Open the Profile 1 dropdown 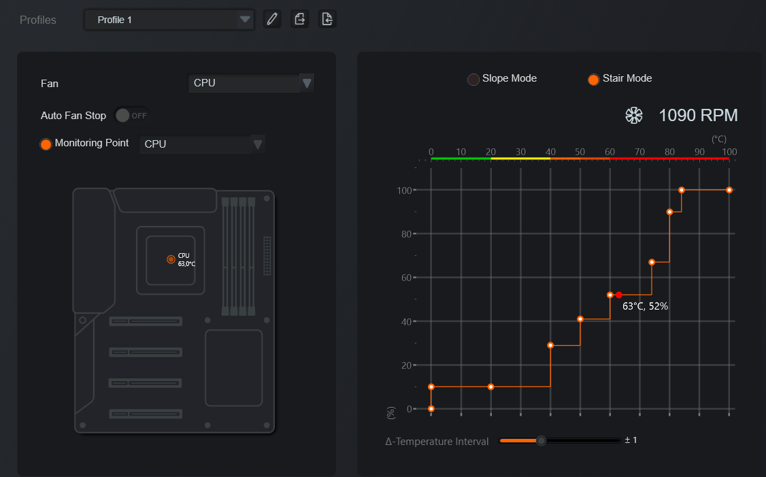[x=169, y=20]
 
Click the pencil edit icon [x=272, y=20]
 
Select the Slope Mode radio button [x=473, y=79]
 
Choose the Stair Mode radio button [x=594, y=79]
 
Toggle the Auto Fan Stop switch [x=131, y=116]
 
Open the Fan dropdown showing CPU [x=250, y=83]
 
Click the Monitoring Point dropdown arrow [x=257, y=144]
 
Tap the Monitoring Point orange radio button [x=46, y=144]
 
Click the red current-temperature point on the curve [x=619, y=295]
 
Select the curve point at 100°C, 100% [x=729, y=190]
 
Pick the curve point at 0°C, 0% [x=431, y=408]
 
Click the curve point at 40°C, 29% [x=550, y=346]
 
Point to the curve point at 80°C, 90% [x=670, y=212]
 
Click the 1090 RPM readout [x=698, y=116]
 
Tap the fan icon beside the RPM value [x=634, y=116]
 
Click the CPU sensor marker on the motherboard [x=171, y=259]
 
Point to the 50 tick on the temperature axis [x=580, y=152]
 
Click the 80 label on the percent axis [x=406, y=234]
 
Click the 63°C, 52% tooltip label [x=646, y=306]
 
